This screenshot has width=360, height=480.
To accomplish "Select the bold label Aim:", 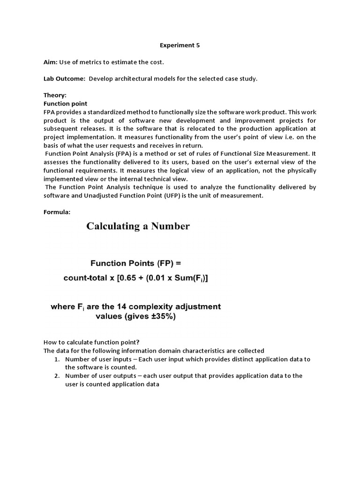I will [x=51, y=62].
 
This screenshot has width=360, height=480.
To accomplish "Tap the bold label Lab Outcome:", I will [x=64, y=79].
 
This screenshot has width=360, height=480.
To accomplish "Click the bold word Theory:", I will [x=55, y=95].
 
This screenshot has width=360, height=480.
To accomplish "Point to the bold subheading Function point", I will [x=65, y=103].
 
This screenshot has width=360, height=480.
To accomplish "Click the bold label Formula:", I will [x=57, y=212].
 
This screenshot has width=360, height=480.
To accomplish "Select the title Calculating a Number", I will [x=138, y=226].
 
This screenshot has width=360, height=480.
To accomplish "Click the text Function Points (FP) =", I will [x=135, y=263].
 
